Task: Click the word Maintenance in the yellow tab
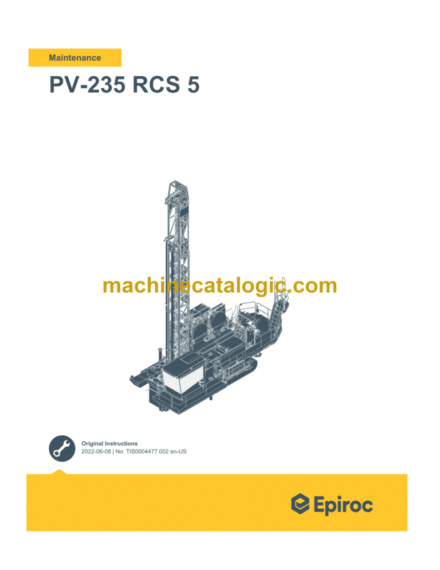coord(75,58)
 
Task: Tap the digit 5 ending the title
coord(192,85)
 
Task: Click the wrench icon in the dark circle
coord(61,448)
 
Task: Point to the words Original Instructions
coord(109,443)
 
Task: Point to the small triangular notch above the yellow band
coord(59,471)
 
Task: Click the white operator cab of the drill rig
coord(182,378)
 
